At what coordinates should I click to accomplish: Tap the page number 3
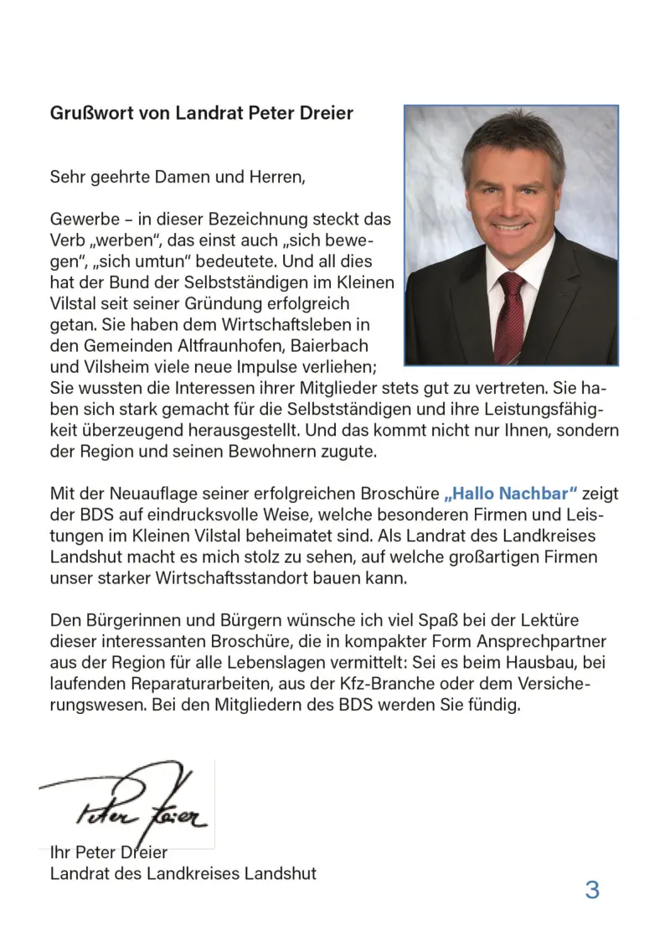[592, 889]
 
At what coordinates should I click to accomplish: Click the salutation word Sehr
[67, 177]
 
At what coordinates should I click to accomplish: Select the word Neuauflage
[146, 494]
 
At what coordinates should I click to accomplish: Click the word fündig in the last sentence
[494, 705]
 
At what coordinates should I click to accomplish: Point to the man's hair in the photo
[511, 138]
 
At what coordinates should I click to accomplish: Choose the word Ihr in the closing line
[60, 852]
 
